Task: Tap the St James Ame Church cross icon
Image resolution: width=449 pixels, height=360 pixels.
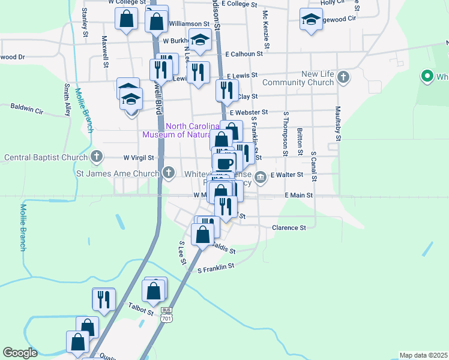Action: click(169, 173)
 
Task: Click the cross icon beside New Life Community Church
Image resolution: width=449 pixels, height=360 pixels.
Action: click(343, 77)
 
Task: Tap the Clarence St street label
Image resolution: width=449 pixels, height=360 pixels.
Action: click(289, 228)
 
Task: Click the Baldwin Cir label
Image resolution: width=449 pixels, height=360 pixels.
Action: click(27, 109)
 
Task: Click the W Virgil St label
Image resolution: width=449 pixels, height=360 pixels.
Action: click(139, 158)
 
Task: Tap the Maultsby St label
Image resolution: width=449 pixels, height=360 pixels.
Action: click(338, 125)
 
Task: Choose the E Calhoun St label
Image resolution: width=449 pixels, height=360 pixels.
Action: click(244, 53)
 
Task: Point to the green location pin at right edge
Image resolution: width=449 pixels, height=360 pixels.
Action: click(427, 76)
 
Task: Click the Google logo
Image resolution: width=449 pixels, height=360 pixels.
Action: click(20, 353)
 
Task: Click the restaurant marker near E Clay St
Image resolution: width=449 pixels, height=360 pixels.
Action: click(227, 91)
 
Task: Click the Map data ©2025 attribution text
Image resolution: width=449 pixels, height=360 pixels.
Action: click(423, 355)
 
